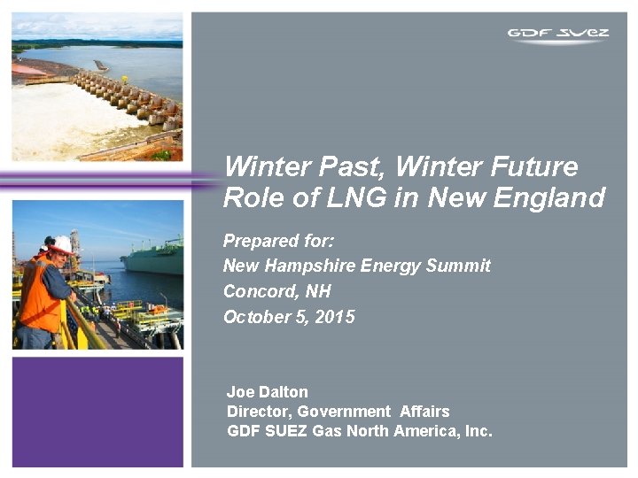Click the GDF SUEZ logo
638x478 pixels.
click(558, 35)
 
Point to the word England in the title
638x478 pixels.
click(554, 197)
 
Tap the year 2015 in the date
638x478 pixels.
click(335, 317)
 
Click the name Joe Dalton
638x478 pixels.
click(268, 391)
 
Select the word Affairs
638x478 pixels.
click(424, 411)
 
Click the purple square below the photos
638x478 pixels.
click(97, 411)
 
